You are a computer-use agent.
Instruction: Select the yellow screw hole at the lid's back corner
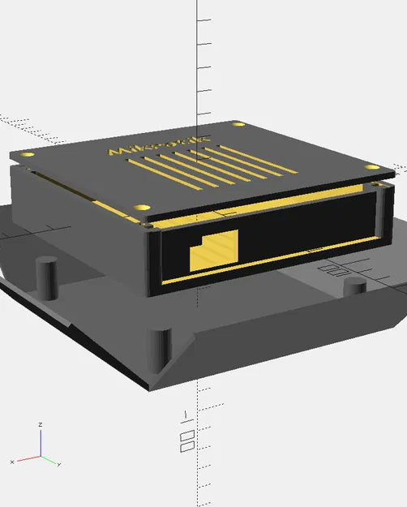point(238,126)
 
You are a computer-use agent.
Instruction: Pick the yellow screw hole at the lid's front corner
point(144,208)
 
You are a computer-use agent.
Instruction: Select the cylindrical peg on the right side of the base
point(354,286)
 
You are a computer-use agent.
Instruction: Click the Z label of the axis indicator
point(41,424)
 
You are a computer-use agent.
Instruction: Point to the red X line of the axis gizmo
point(28,458)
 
